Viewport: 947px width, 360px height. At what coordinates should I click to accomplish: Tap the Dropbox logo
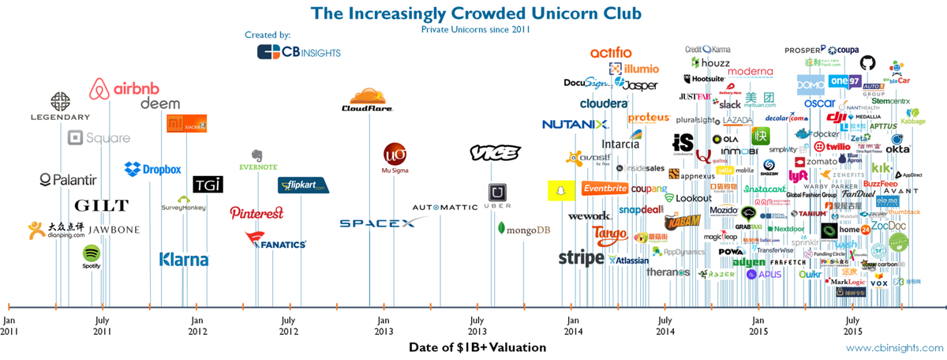[153, 169]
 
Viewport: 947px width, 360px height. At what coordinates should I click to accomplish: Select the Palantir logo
[68, 179]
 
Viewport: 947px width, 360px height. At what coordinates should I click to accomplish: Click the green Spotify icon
[92, 256]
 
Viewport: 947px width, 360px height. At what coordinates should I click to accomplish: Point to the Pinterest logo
[256, 213]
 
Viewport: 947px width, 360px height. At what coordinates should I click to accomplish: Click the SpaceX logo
[377, 223]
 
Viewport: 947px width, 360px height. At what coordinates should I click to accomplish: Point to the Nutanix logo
[575, 125]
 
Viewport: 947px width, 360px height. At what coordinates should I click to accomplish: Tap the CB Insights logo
[299, 51]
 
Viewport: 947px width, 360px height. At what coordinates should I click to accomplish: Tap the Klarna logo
[184, 259]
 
